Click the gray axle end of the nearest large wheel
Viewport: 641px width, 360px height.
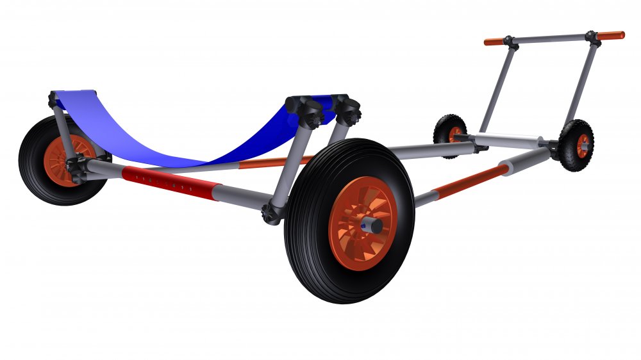pos(371,226)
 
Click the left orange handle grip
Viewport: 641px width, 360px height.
pos(494,42)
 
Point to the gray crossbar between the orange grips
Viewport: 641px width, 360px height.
pos(551,39)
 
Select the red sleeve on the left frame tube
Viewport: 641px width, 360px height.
pos(170,183)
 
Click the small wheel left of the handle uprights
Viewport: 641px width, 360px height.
pos(449,133)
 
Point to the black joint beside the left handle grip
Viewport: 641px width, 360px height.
pos(510,42)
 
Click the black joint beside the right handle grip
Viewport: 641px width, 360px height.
pos(592,37)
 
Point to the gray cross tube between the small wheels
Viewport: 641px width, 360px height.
pos(506,140)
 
